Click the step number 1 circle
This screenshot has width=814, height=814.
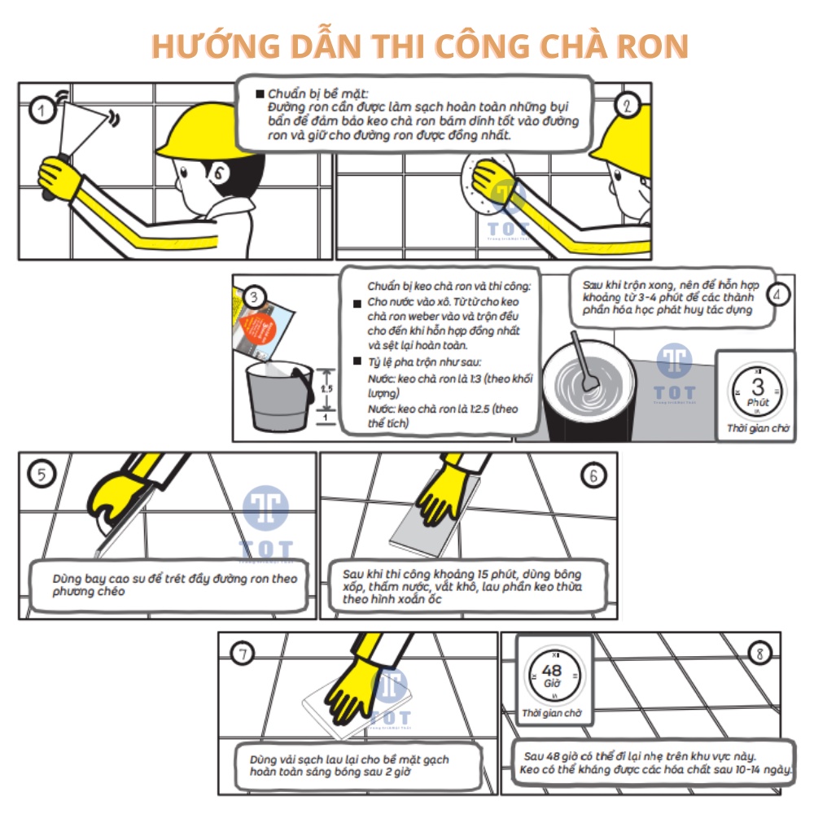pos(40,110)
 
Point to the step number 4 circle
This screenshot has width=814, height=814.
pos(777,295)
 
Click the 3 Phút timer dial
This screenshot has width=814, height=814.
pos(757,392)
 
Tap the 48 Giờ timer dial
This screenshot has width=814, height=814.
pos(551,676)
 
